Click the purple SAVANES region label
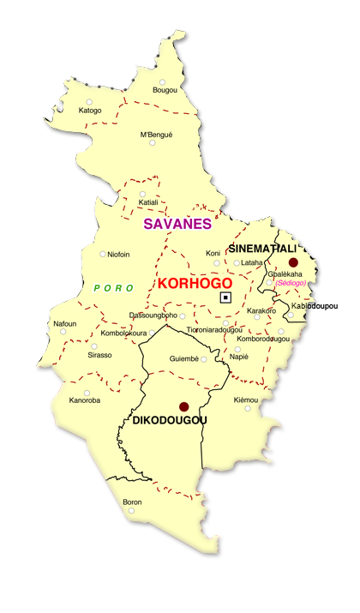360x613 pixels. (177, 224)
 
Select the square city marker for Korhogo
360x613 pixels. (225, 297)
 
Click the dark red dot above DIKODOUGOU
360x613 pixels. (183, 406)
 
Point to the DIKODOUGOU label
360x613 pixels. (170, 420)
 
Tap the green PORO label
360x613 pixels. (114, 288)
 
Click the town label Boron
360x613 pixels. (132, 502)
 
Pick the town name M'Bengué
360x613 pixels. (156, 135)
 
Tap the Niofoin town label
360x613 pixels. (119, 254)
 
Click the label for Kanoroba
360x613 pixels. (85, 400)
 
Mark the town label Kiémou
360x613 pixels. (246, 400)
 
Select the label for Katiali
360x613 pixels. (148, 203)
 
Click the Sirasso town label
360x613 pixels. (99, 354)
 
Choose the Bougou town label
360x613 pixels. (165, 89)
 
